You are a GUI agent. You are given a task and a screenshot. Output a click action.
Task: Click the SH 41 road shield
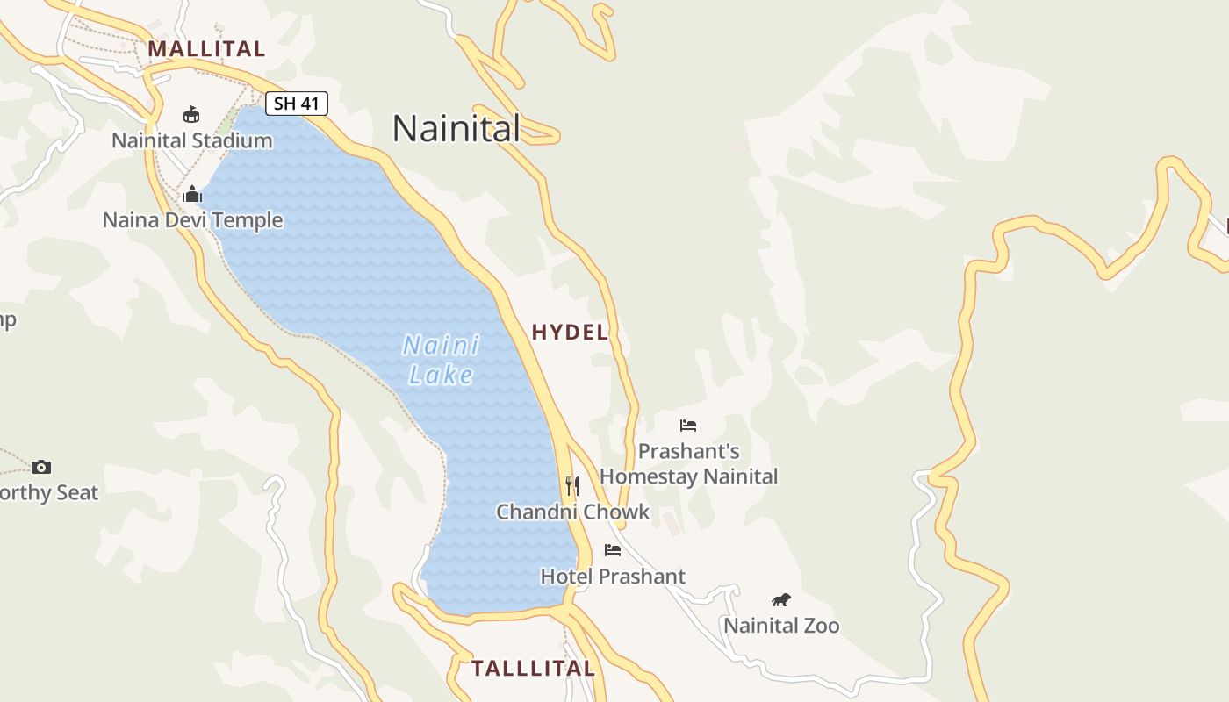pos(297,104)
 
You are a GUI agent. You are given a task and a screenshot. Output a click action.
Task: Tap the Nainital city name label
pos(456,128)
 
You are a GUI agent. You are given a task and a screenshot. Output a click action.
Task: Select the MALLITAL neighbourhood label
pos(206,48)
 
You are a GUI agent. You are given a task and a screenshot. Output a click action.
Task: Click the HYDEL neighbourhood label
pos(570,332)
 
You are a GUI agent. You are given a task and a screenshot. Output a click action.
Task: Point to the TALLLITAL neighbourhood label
pos(533,668)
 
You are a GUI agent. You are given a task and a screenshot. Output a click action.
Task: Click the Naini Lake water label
pos(441,360)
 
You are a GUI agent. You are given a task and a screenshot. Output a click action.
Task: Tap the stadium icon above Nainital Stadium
pos(191,114)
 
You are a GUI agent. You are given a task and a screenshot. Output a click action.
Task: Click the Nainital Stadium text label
pos(191,140)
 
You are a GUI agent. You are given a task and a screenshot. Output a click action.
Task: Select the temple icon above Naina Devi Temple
pos(192,194)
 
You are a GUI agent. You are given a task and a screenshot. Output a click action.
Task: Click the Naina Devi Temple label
pos(192,219)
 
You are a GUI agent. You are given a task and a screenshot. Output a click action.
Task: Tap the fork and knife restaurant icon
pos(572,485)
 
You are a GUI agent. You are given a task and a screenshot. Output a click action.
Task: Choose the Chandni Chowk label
pos(572,512)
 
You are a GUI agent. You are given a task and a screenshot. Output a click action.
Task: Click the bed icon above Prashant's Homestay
pos(688,426)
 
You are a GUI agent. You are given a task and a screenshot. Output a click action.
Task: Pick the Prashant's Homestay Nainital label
pos(688,464)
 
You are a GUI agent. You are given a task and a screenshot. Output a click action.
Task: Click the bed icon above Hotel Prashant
pos(613,550)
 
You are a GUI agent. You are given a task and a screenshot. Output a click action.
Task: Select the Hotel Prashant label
pos(613,577)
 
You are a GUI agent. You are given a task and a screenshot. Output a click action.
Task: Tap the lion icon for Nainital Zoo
pos(780,600)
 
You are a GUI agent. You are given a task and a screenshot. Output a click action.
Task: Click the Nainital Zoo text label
pos(780,626)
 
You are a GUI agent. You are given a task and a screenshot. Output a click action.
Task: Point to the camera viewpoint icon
pos(41,467)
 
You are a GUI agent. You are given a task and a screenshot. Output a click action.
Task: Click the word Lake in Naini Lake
pos(441,376)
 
